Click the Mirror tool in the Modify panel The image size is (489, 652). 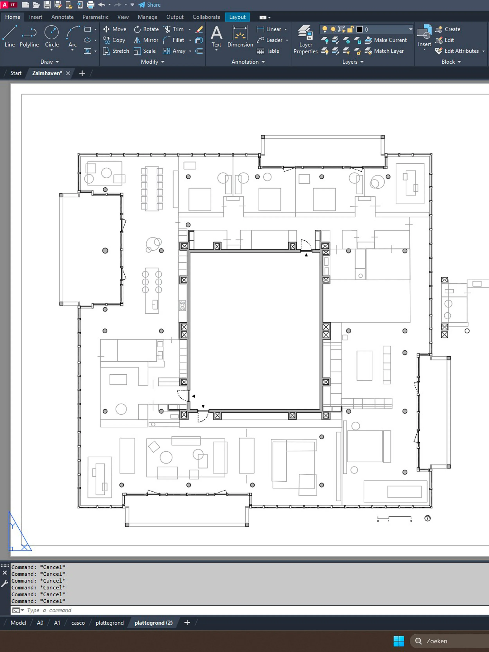(146, 40)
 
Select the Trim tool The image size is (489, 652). (174, 29)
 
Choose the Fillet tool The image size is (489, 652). (174, 40)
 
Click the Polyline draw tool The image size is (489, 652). (29, 37)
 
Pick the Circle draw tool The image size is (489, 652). (52, 37)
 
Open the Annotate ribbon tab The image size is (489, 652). (62, 17)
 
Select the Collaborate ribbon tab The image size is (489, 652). (206, 17)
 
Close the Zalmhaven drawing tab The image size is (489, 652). (68, 73)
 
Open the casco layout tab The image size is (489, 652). (78, 623)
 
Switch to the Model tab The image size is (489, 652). (18, 623)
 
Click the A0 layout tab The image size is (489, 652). (40, 623)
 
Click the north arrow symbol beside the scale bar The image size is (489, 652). (427, 518)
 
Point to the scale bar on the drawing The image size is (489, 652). (394, 519)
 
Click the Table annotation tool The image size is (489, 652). (268, 51)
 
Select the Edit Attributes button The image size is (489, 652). (460, 51)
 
